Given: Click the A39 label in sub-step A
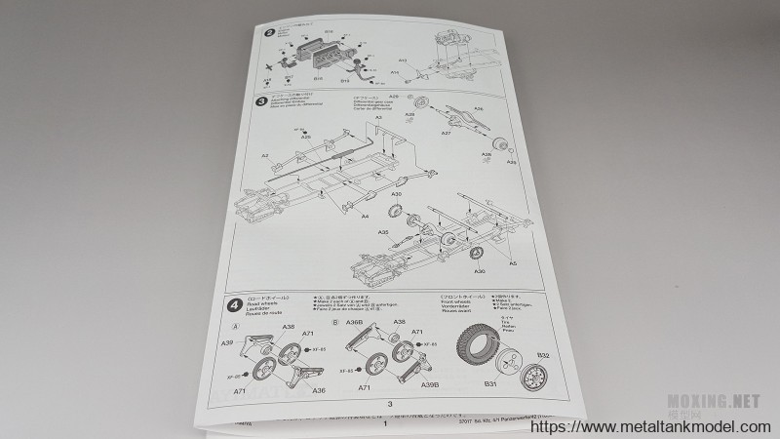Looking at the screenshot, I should point(226,343).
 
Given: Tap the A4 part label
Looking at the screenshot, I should point(364,216).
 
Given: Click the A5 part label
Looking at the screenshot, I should point(513,262).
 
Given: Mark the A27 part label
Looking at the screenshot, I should point(446,133).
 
